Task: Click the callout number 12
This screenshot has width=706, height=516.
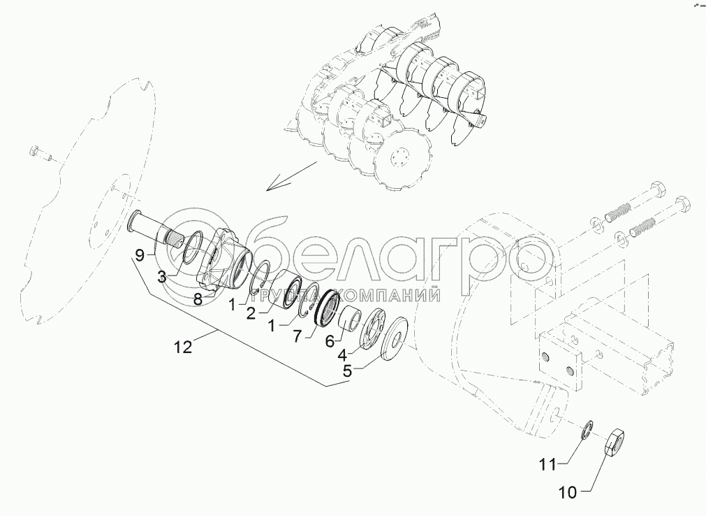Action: [183, 347]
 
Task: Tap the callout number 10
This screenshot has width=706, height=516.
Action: [568, 493]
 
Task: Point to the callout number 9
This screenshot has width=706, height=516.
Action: [140, 255]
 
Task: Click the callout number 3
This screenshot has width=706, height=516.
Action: [162, 277]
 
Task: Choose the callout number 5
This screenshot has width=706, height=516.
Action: [348, 371]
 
